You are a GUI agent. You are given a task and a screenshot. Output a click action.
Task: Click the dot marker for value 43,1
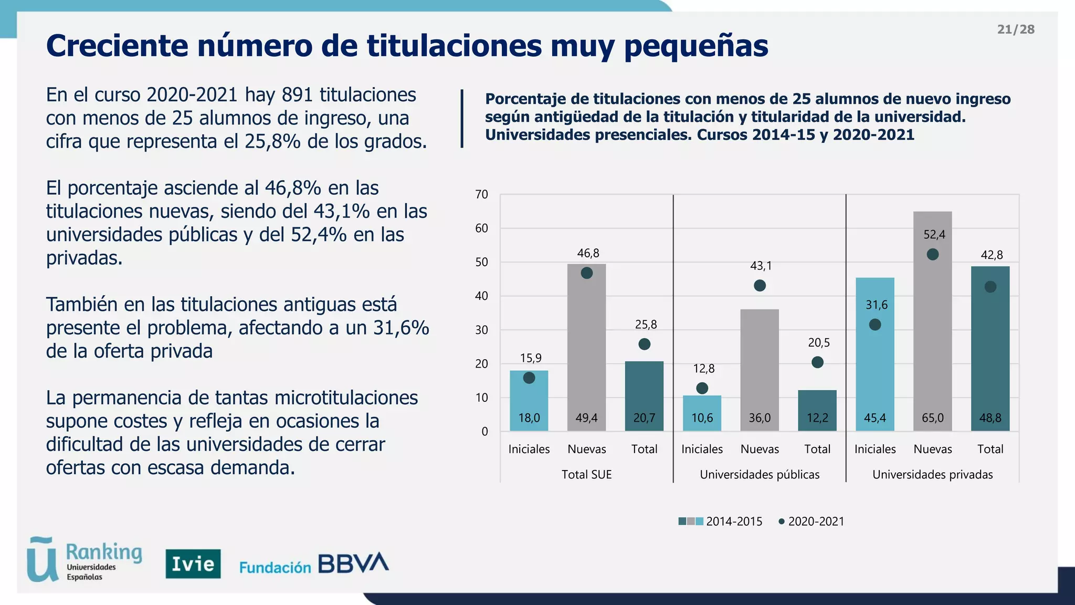click(760, 286)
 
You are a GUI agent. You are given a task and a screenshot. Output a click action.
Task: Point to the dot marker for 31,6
click(875, 325)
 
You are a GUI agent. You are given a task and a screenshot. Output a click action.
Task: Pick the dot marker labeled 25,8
click(645, 344)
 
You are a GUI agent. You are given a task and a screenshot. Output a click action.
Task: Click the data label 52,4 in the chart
click(934, 235)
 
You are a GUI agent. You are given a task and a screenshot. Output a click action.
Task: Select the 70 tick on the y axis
click(481, 194)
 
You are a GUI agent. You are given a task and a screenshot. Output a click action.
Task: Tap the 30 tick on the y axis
click(481, 330)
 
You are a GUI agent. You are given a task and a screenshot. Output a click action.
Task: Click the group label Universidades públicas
click(759, 475)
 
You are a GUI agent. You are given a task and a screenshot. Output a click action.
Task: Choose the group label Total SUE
click(586, 475)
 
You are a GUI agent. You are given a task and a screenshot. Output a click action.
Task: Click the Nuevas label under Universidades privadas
click(932, 449)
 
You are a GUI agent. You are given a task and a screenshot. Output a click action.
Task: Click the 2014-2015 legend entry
click(720, 521)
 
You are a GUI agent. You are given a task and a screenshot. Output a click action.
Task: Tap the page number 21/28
click(1015, 29)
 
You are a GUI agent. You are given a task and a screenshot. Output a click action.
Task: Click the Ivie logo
click(193, 564)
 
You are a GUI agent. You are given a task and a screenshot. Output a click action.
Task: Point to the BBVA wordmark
click(353, 563)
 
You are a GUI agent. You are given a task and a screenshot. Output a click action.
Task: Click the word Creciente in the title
click(117, 46)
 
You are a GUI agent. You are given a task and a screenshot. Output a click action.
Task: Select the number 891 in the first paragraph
click(298, 95)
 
